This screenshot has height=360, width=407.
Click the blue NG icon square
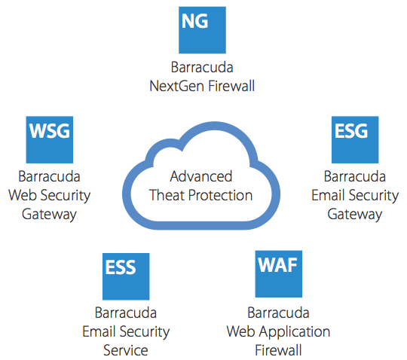202,30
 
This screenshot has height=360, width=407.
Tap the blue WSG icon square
50,140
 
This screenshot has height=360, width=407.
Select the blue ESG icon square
355,140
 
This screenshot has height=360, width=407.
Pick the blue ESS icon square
126,276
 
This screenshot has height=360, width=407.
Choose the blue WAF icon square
279,274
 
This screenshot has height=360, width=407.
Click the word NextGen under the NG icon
177,86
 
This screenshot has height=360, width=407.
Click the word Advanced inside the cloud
201,176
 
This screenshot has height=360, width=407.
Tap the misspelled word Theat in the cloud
167,195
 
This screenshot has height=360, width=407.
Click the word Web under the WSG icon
23,195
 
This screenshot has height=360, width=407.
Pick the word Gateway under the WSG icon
49,215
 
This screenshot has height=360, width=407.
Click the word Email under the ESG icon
328,195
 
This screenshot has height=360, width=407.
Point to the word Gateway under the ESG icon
355,215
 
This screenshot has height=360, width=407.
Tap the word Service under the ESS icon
126,350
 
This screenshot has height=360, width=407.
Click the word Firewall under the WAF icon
278,350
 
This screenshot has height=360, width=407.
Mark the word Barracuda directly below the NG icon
202,67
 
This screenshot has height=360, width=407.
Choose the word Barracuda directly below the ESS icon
126,313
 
